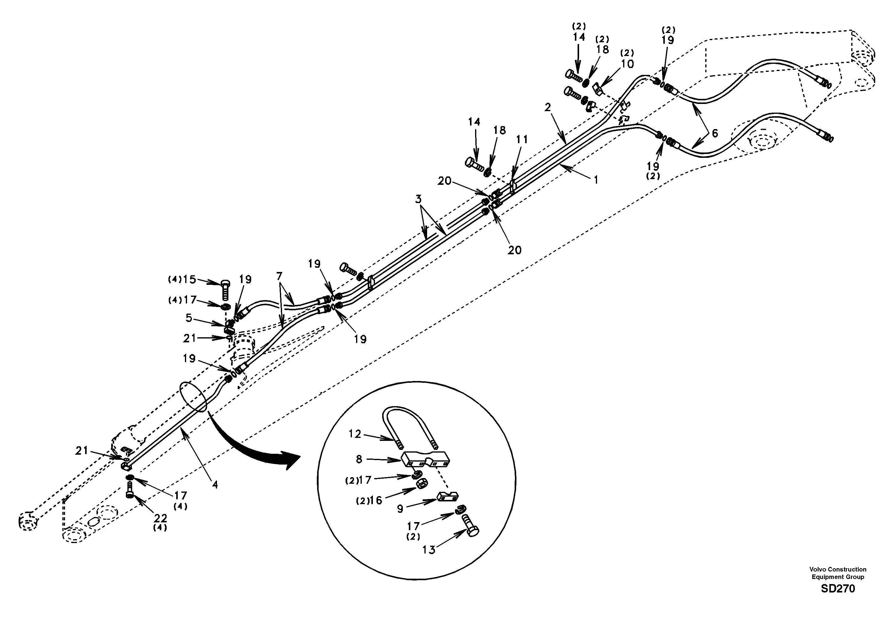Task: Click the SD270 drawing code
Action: (x=838, y=589)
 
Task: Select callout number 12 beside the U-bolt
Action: (x=355, y=434)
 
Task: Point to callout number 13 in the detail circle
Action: (x=429, y=550)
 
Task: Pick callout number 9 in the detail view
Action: (x=400, y=509)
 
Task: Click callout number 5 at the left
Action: (x=189, y=318)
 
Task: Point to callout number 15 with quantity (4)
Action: (x=190, y=279)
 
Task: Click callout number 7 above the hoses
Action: (x=279, y=276)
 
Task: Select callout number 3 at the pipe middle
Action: (x=418, y=199)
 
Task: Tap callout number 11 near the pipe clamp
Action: (x=522, y=139)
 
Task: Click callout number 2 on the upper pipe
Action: (x=547, y=107)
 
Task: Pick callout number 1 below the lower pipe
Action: (x=596, y=180)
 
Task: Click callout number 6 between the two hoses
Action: (x=715, y=133)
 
